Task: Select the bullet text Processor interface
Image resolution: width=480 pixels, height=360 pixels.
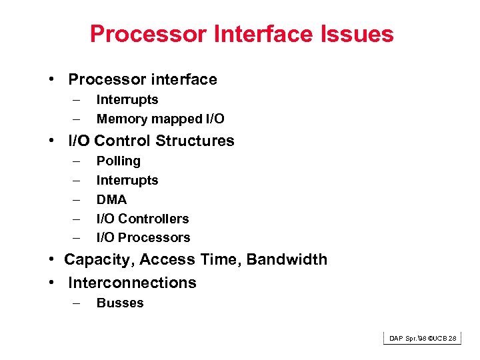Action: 143,79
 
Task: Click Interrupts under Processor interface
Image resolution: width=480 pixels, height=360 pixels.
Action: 127,100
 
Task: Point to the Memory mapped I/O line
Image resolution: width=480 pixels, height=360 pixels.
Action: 160,119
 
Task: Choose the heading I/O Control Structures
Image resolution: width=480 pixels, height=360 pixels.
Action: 151,141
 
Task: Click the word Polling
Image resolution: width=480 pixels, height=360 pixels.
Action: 119,161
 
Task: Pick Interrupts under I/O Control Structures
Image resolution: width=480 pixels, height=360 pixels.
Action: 127,180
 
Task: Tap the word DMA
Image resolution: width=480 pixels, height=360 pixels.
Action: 111,199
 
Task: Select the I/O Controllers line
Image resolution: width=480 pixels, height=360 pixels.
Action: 143,219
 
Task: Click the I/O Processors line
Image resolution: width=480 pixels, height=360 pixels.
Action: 143,237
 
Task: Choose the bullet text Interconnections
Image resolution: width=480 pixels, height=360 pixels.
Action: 132,283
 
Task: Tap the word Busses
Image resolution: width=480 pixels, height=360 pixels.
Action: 120,303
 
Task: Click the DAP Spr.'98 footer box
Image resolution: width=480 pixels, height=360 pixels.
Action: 423,339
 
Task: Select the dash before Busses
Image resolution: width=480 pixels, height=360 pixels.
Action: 77,303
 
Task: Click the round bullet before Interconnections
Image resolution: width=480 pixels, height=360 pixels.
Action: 51,283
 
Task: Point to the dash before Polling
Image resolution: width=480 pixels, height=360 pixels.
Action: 77,161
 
